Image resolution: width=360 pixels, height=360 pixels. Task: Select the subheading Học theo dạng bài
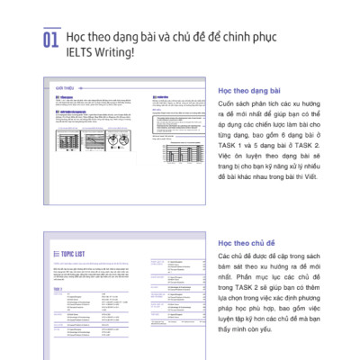tap(249, 90)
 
